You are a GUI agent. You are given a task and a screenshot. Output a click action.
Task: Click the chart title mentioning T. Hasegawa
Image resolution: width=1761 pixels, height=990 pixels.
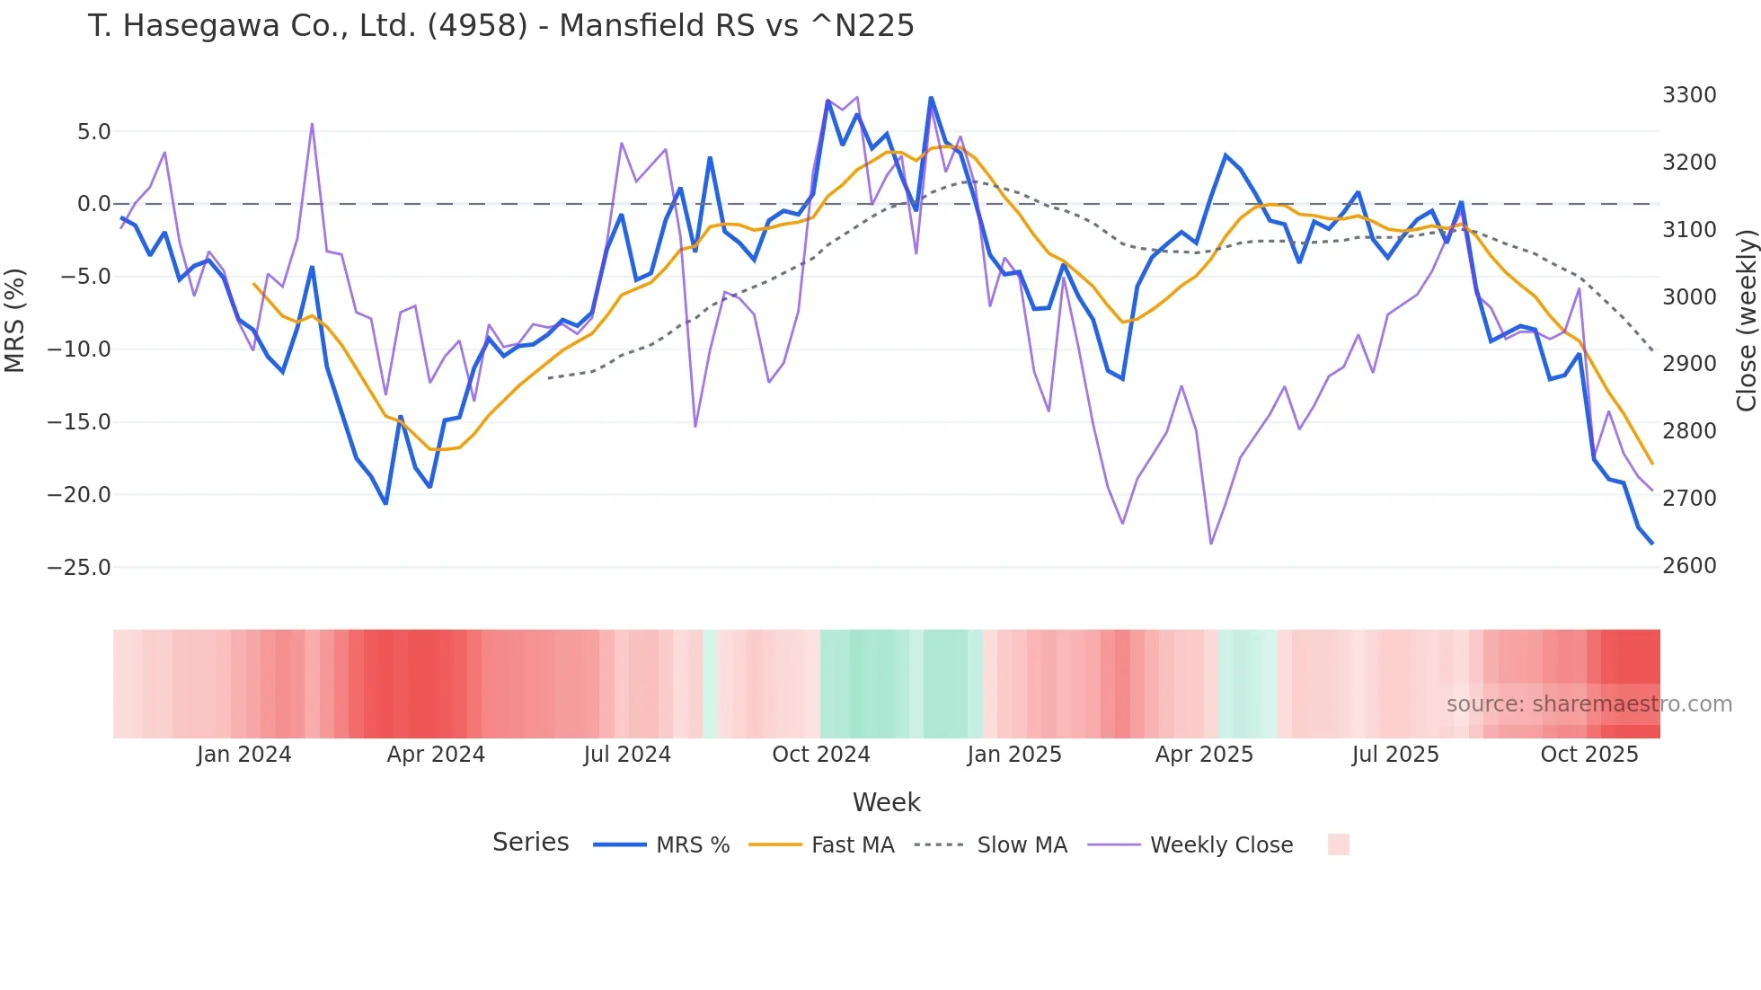point(500,26)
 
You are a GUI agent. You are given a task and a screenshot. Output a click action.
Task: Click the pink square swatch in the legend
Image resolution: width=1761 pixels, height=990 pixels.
point(1338,844)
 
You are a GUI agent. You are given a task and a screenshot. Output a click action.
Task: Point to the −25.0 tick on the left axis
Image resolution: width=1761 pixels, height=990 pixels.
point(79,568)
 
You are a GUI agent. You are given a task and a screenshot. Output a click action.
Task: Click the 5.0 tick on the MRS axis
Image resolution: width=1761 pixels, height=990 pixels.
point(93,132)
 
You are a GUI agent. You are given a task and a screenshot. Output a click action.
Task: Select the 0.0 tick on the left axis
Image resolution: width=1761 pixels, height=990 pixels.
point(93,204)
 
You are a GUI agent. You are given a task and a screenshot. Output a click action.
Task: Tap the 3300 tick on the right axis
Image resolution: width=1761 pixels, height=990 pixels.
point(1689,95)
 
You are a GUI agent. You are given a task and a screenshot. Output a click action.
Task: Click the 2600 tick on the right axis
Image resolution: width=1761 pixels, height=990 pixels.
point(1689,566)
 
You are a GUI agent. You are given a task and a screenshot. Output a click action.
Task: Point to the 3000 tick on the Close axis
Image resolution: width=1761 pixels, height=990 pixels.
point(1689,297)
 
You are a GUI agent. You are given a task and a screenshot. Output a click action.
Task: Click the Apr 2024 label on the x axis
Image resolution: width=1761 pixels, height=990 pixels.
point(436,755)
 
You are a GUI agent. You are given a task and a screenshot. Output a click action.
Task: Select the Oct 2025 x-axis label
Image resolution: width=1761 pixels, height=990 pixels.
point(1588,755)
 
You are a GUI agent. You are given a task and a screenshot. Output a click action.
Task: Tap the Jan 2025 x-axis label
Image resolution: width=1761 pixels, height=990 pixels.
point(1013,755)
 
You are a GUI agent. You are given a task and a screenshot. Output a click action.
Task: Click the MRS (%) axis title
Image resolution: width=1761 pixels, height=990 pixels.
point(15,321)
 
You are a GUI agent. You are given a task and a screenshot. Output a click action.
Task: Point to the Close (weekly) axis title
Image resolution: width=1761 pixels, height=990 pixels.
point(1746,321)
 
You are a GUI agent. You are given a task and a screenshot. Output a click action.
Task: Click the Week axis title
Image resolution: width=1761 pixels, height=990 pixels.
point(886,802)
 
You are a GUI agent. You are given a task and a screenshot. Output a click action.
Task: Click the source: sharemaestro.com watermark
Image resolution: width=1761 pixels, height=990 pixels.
point(1588,704)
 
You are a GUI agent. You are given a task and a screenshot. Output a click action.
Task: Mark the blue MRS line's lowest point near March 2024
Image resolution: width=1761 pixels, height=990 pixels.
point(385,503)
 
